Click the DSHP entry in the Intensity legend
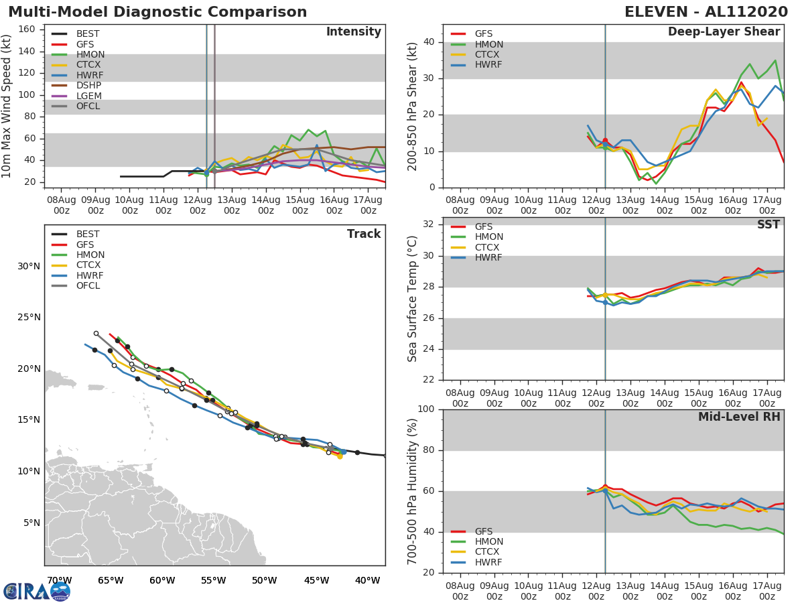(88, 85)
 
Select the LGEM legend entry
(88, 96)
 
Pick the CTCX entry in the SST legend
(488, 247)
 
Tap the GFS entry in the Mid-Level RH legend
(483, 531)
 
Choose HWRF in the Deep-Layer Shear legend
(488, 65)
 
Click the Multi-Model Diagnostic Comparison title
(157, 12)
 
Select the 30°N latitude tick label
(29, 266)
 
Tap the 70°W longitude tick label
(59, 580)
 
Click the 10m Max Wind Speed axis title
(7, 106)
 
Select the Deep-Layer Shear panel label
(724, 32)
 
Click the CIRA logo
(37, 591)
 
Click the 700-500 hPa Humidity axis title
(413, 490)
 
